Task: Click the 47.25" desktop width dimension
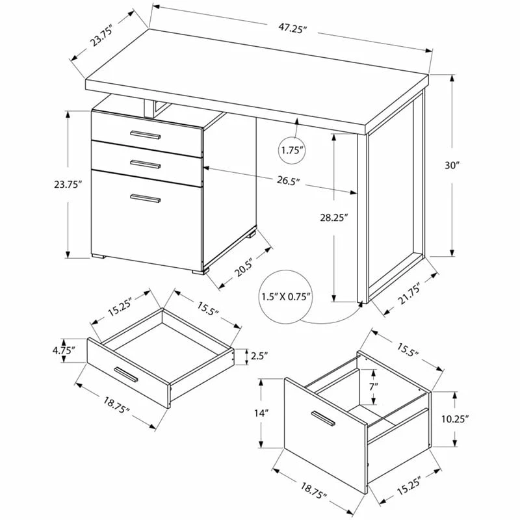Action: coord(291,29)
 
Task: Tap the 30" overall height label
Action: coord(452,165)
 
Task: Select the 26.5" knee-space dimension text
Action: coord(289,181)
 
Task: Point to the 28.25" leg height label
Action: coord(333,218)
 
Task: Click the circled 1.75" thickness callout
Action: coord(291,150)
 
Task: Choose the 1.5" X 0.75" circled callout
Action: coord(286,296)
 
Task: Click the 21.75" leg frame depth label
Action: coord(409,294)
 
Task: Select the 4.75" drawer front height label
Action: coord(64,350)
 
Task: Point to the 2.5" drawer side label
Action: coord(259,356)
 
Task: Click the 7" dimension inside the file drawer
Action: coord(374,386)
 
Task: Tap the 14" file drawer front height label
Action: coord(261,413)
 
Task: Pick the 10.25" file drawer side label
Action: coord(454,419)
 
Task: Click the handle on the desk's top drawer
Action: coord(145,135)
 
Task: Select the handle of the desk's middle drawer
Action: coord(145,164)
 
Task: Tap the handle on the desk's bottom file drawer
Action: coord(145,198)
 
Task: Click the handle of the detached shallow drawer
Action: coord(125,375)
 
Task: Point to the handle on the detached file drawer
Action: coord(323,419)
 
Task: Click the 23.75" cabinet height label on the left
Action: coord(68,185)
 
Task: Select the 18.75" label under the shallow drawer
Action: coord(116,406)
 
